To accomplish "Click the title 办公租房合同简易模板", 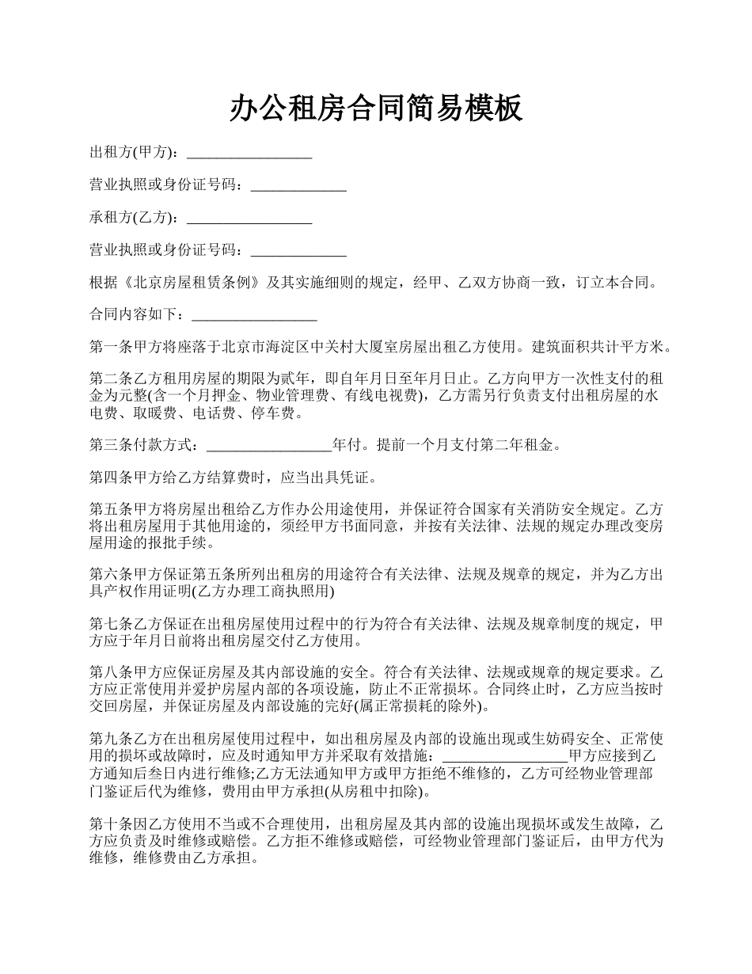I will (376, 108).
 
